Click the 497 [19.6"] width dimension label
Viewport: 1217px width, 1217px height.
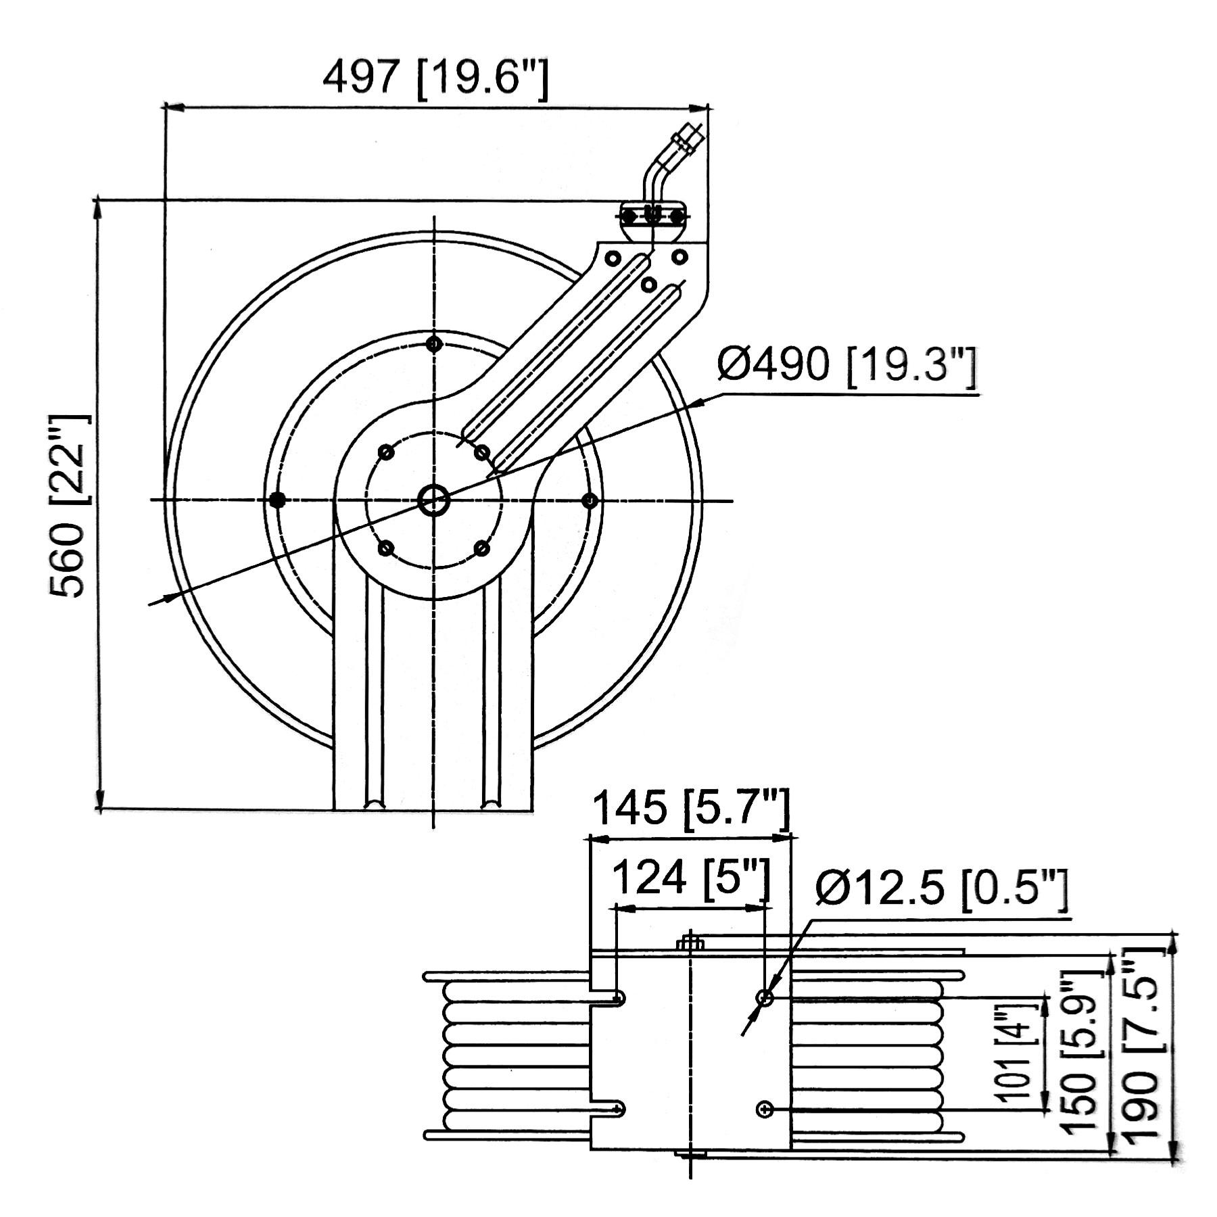[436, 79]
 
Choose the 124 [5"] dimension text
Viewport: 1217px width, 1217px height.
[692, 880]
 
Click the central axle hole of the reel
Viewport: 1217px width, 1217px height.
[433, 500]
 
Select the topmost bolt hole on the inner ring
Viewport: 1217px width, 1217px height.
[434, 344]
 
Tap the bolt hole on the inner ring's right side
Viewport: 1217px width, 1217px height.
[590, 500]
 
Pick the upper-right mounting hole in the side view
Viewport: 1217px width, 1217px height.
[765, 997]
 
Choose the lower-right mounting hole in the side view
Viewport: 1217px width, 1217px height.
[765, 1109]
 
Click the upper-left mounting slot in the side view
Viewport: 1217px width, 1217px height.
[608, 998]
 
